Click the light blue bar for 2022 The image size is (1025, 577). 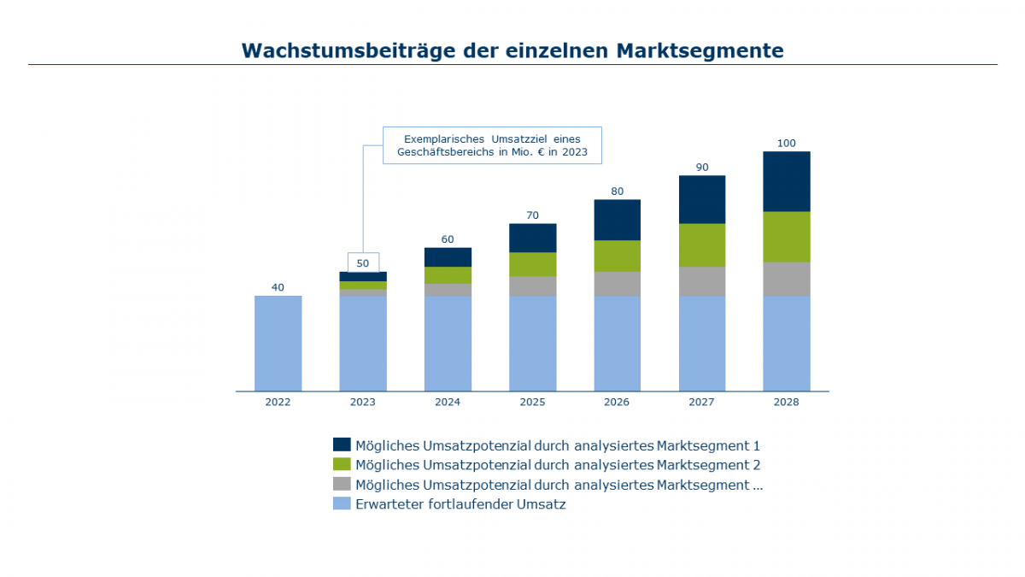tap(278, 343)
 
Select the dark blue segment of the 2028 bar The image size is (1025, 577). tap(786, 181)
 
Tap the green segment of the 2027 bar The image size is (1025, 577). tap(701, 244)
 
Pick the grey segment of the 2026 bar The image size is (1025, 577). tap(617, 283)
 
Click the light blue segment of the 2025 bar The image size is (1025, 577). tap(532, 343)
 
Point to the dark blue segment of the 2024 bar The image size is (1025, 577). tap(448, 256)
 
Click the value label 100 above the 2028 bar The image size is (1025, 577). tap(786, 143)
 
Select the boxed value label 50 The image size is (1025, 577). tap(363, 262)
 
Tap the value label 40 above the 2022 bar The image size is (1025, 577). tap(278, 287)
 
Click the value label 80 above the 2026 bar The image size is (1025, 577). tap(617, 191)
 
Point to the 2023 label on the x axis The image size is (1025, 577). tap(363, 402)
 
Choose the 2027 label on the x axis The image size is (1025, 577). tap(701, 402)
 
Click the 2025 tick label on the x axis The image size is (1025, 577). tap(532, 402)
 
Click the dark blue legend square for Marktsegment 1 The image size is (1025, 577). tap(342, 445)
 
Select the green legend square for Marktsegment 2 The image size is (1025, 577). tap(342, 464)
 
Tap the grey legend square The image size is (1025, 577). tap(342, 484)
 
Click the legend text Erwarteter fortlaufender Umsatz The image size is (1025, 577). tap(460, 504)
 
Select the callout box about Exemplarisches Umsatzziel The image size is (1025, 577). tap(491, 145)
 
